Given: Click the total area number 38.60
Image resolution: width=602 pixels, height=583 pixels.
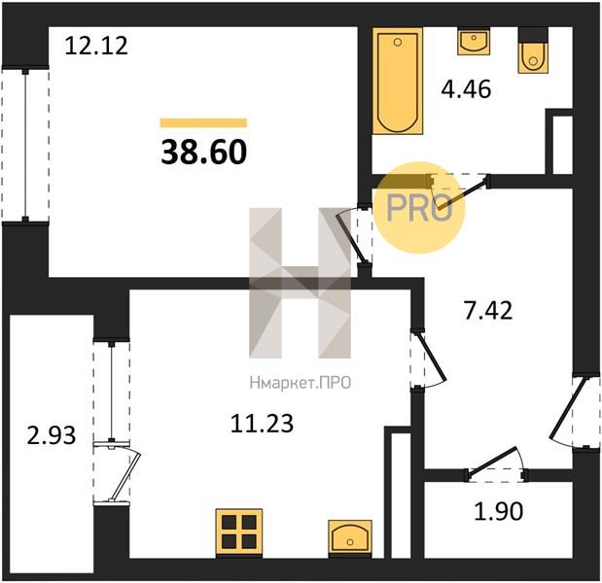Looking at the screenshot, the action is (204, 152).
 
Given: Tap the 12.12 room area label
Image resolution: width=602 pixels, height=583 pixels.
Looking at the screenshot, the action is (96, 46).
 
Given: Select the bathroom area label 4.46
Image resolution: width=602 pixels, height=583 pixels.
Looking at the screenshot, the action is (466, 89).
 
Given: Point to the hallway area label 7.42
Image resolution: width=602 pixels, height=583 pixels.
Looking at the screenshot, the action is (488, 311).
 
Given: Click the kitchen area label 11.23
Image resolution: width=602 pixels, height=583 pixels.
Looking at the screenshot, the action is (263, 424).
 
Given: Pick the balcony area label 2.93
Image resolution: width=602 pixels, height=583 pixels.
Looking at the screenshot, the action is (52, 435).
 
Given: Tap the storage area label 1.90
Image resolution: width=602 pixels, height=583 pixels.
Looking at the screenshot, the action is (499, 511).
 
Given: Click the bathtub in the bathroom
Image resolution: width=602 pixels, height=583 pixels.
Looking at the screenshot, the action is (398, 81).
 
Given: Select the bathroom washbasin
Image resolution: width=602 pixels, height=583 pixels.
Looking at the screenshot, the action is (474, 41).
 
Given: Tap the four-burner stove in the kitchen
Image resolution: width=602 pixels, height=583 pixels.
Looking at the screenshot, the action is (239, 532).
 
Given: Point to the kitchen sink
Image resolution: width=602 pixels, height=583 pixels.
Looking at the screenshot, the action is (350, 537).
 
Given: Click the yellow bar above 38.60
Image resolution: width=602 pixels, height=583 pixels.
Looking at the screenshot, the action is (203, 122).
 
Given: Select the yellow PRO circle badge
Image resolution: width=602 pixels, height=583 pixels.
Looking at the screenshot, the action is (419, 208).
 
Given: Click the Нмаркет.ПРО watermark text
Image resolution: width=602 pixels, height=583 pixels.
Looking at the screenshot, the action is (301, 383).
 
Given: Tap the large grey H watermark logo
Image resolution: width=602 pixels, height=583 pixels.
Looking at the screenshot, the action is (300, 283).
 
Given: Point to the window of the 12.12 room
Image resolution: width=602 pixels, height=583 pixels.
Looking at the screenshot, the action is (25, 145).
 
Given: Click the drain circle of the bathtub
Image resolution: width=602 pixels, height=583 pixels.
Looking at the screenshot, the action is (398, 42).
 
